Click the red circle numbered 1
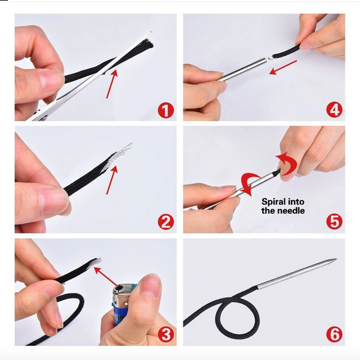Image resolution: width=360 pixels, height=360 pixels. click(x=166, y=110)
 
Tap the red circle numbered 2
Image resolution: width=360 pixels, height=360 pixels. click(x=166, y=222)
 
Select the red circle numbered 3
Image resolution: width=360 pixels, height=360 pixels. click(x=166, y=334)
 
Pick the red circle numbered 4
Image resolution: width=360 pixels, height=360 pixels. click(x=334, y=110)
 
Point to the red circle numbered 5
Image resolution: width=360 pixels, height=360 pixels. click(x=334, y=221)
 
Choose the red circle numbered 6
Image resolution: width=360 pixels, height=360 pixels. click(x=334, y=334)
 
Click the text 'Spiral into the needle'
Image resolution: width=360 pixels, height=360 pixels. click(x=283, y=206)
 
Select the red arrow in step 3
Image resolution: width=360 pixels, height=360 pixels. click(x=108, y=277)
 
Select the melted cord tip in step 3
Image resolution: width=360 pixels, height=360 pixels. click(x=95, y=263)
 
